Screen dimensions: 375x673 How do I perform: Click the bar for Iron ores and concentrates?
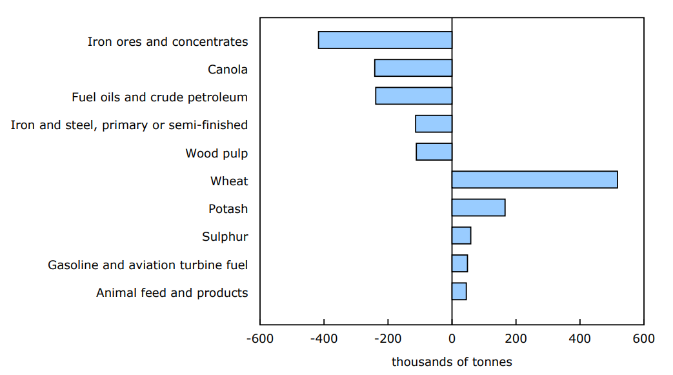tap(385, 40)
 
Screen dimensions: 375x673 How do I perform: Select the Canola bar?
tap(413, 68)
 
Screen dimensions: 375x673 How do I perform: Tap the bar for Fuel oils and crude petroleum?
tap(414, 96)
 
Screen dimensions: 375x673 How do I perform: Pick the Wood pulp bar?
tap(434, 152)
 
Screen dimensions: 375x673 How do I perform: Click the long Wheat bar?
tap(534, 179)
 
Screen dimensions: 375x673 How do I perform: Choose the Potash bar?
tap(478, 208)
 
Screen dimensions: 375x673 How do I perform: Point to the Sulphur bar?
tap(461, 236)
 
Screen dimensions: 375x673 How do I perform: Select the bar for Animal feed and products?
tap(459, 291)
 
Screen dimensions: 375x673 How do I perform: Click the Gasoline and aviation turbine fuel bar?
tap(459, 263)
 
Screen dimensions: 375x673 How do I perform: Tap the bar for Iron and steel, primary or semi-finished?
tap(434, 124)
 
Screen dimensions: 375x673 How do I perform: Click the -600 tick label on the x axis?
tap(260, 339)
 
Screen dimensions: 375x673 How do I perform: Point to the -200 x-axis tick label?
tap(388, 339)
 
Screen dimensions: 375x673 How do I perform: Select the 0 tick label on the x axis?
tap(452, 339)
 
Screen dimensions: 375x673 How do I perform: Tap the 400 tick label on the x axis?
tap(580, 339)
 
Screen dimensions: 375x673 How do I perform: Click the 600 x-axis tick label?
tap(643, 339)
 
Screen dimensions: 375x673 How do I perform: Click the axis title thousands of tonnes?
tap(452, 362)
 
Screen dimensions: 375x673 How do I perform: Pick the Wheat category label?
tap(229, 181)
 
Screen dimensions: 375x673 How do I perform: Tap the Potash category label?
tap(228, 209)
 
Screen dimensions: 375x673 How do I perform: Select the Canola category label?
tap(228, 70)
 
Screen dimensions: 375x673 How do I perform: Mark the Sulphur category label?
tap(225, 237)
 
